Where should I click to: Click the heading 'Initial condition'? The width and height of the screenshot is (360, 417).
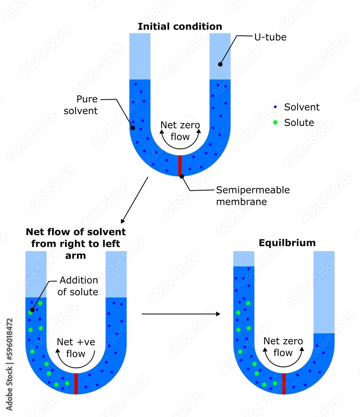point(180,27)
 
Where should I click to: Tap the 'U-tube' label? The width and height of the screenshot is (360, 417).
point(270,37)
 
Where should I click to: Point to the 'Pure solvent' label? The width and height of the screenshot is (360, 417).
point(87,105)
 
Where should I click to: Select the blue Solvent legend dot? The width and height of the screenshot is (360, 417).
point(275,107)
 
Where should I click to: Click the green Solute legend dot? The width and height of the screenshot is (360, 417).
point(275,123)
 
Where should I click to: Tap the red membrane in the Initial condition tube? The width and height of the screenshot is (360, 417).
point(180,165)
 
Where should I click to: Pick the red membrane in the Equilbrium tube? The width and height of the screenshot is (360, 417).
point(284,383)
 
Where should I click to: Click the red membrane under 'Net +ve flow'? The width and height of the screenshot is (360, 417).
point(76,383)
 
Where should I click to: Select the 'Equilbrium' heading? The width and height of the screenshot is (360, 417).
point(287,243)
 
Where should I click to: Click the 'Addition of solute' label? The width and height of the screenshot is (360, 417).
point(78,286)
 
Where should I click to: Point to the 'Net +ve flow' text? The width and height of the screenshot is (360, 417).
point(76,348)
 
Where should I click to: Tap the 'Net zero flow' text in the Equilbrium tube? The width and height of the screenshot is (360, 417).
point(283,347)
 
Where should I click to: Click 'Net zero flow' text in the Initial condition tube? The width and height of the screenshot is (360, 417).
point(180,131)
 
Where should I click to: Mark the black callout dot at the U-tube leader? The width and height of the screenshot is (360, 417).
point(220,64)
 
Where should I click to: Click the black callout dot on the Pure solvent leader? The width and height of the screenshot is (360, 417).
point(133,128)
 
